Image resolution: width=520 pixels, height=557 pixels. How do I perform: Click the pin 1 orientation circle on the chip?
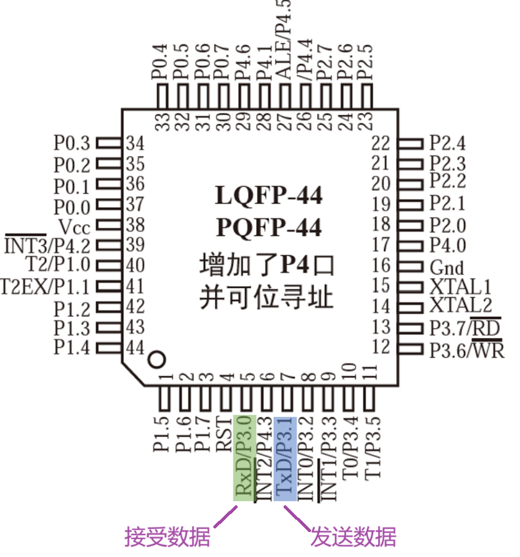tap(157, 360)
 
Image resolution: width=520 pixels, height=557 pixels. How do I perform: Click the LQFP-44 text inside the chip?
tap(269, 196)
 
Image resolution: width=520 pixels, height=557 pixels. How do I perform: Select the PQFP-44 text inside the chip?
tap(269, 228)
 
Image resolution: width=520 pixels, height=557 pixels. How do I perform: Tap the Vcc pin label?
tap(74, 226)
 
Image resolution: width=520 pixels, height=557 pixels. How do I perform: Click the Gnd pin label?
tap(447, 268)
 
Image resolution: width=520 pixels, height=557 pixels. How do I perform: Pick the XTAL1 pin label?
tap(460, 287)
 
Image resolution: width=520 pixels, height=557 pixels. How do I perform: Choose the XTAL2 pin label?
tap(460, 306)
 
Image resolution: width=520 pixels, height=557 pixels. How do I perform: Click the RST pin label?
tap(225, 434)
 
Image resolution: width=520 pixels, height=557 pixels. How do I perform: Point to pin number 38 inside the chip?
tap(135, 225)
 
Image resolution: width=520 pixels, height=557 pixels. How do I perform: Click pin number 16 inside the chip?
tap(381, 266)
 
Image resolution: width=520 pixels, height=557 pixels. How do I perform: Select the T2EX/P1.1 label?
tap(45, 287)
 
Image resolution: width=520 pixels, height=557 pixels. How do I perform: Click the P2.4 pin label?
tap(447, 144)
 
